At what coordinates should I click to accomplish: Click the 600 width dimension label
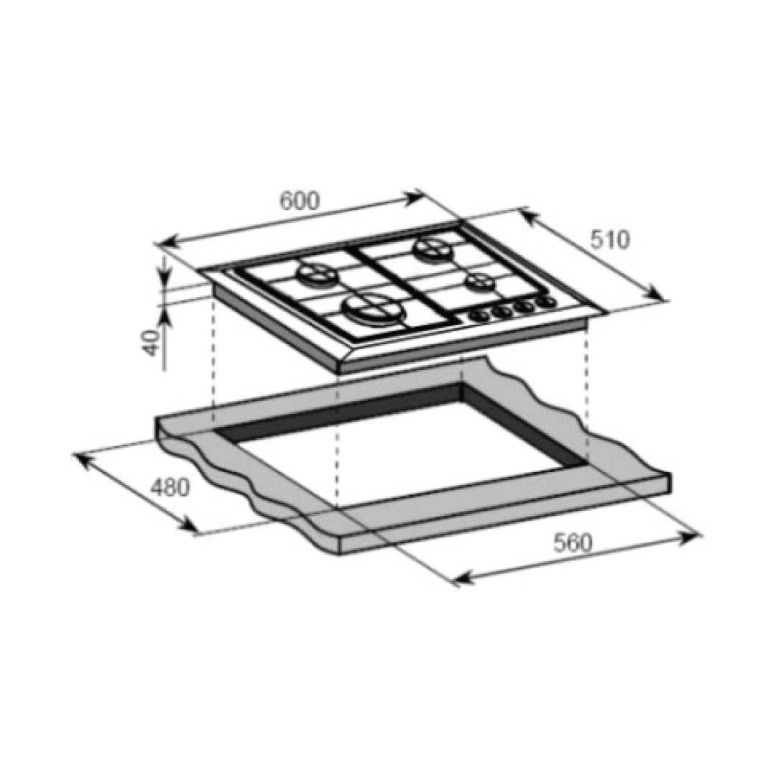(300, 200)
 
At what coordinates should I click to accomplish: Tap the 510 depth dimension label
(610, 239)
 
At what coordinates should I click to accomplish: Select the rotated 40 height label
(152, 343)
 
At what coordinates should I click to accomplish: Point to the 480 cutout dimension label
(170, 487)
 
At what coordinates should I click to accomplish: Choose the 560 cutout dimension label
(573, 543)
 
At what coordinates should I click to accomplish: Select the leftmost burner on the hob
(317, 274)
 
